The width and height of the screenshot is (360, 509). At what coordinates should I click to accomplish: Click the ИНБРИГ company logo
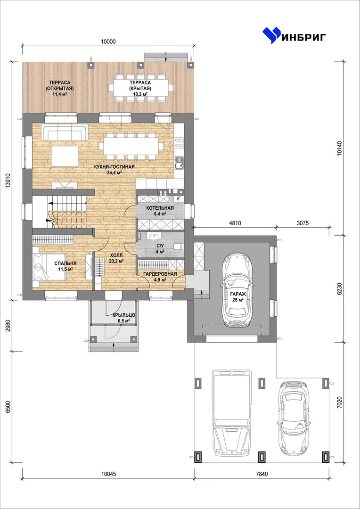pos(295,35)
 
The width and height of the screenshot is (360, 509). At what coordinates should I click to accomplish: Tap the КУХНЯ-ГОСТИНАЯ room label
pos(114,167)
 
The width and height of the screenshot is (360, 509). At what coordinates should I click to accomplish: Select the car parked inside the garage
pos(237,289)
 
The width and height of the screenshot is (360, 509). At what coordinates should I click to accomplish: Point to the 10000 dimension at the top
pos(108,41)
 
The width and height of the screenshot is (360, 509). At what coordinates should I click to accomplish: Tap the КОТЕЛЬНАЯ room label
pos(160,208)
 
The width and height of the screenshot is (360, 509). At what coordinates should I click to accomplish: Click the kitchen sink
pos(179,164)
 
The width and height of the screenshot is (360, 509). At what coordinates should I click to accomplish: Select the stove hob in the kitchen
pos(179,143)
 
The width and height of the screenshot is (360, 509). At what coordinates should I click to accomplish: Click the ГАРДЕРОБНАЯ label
pos(160,274)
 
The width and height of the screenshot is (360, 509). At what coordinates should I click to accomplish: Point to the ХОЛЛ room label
pos(116,255)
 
